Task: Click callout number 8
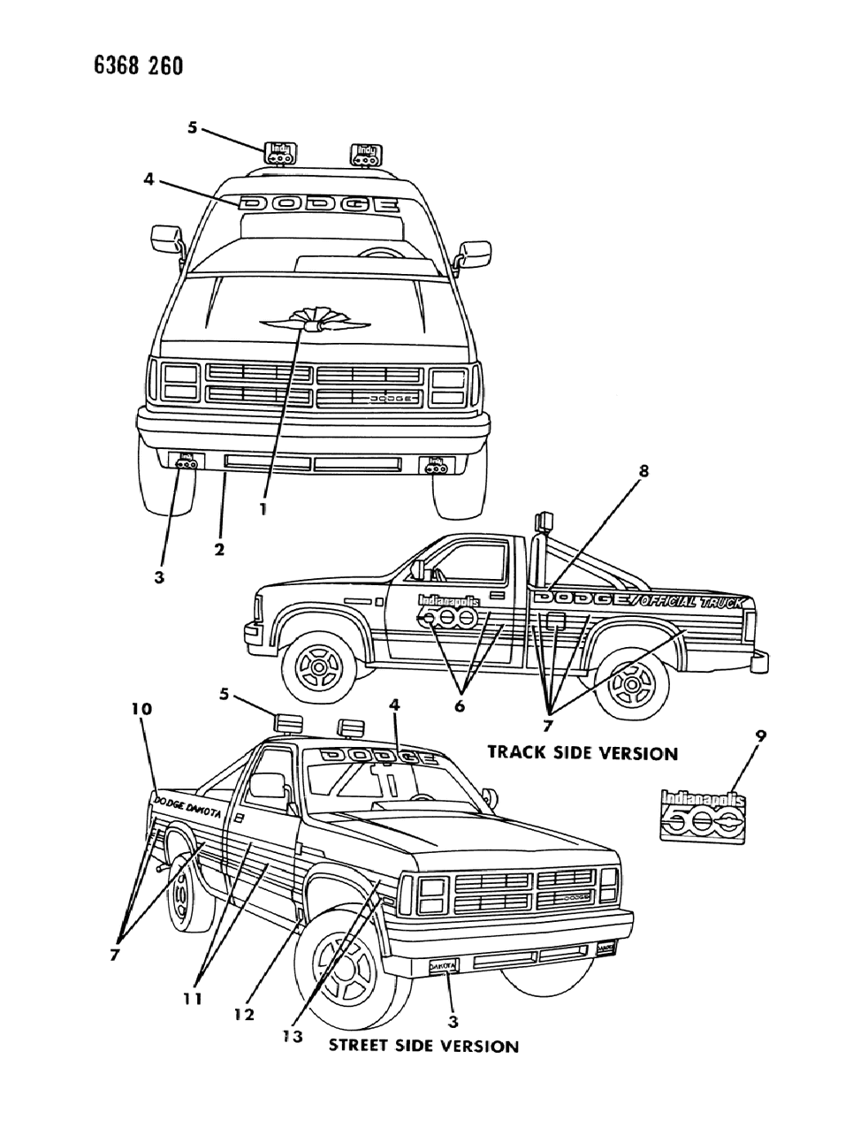pyautogui.click(x=643, y=472)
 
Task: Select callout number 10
pyautogui.click(x=143, y=709)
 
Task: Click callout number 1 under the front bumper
pyautogui.click(x=263, y=509)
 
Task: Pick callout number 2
pyautogui.click(x=218, y=550)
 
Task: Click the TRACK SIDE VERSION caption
pyautogui.click(x=582, y=753)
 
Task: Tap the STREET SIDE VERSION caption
pyautogui.click(x=423, y=1046)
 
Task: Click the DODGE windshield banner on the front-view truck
pyautogui.click(x=319, y=204)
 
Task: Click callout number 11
pyautogui.click(x=193, y=999)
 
